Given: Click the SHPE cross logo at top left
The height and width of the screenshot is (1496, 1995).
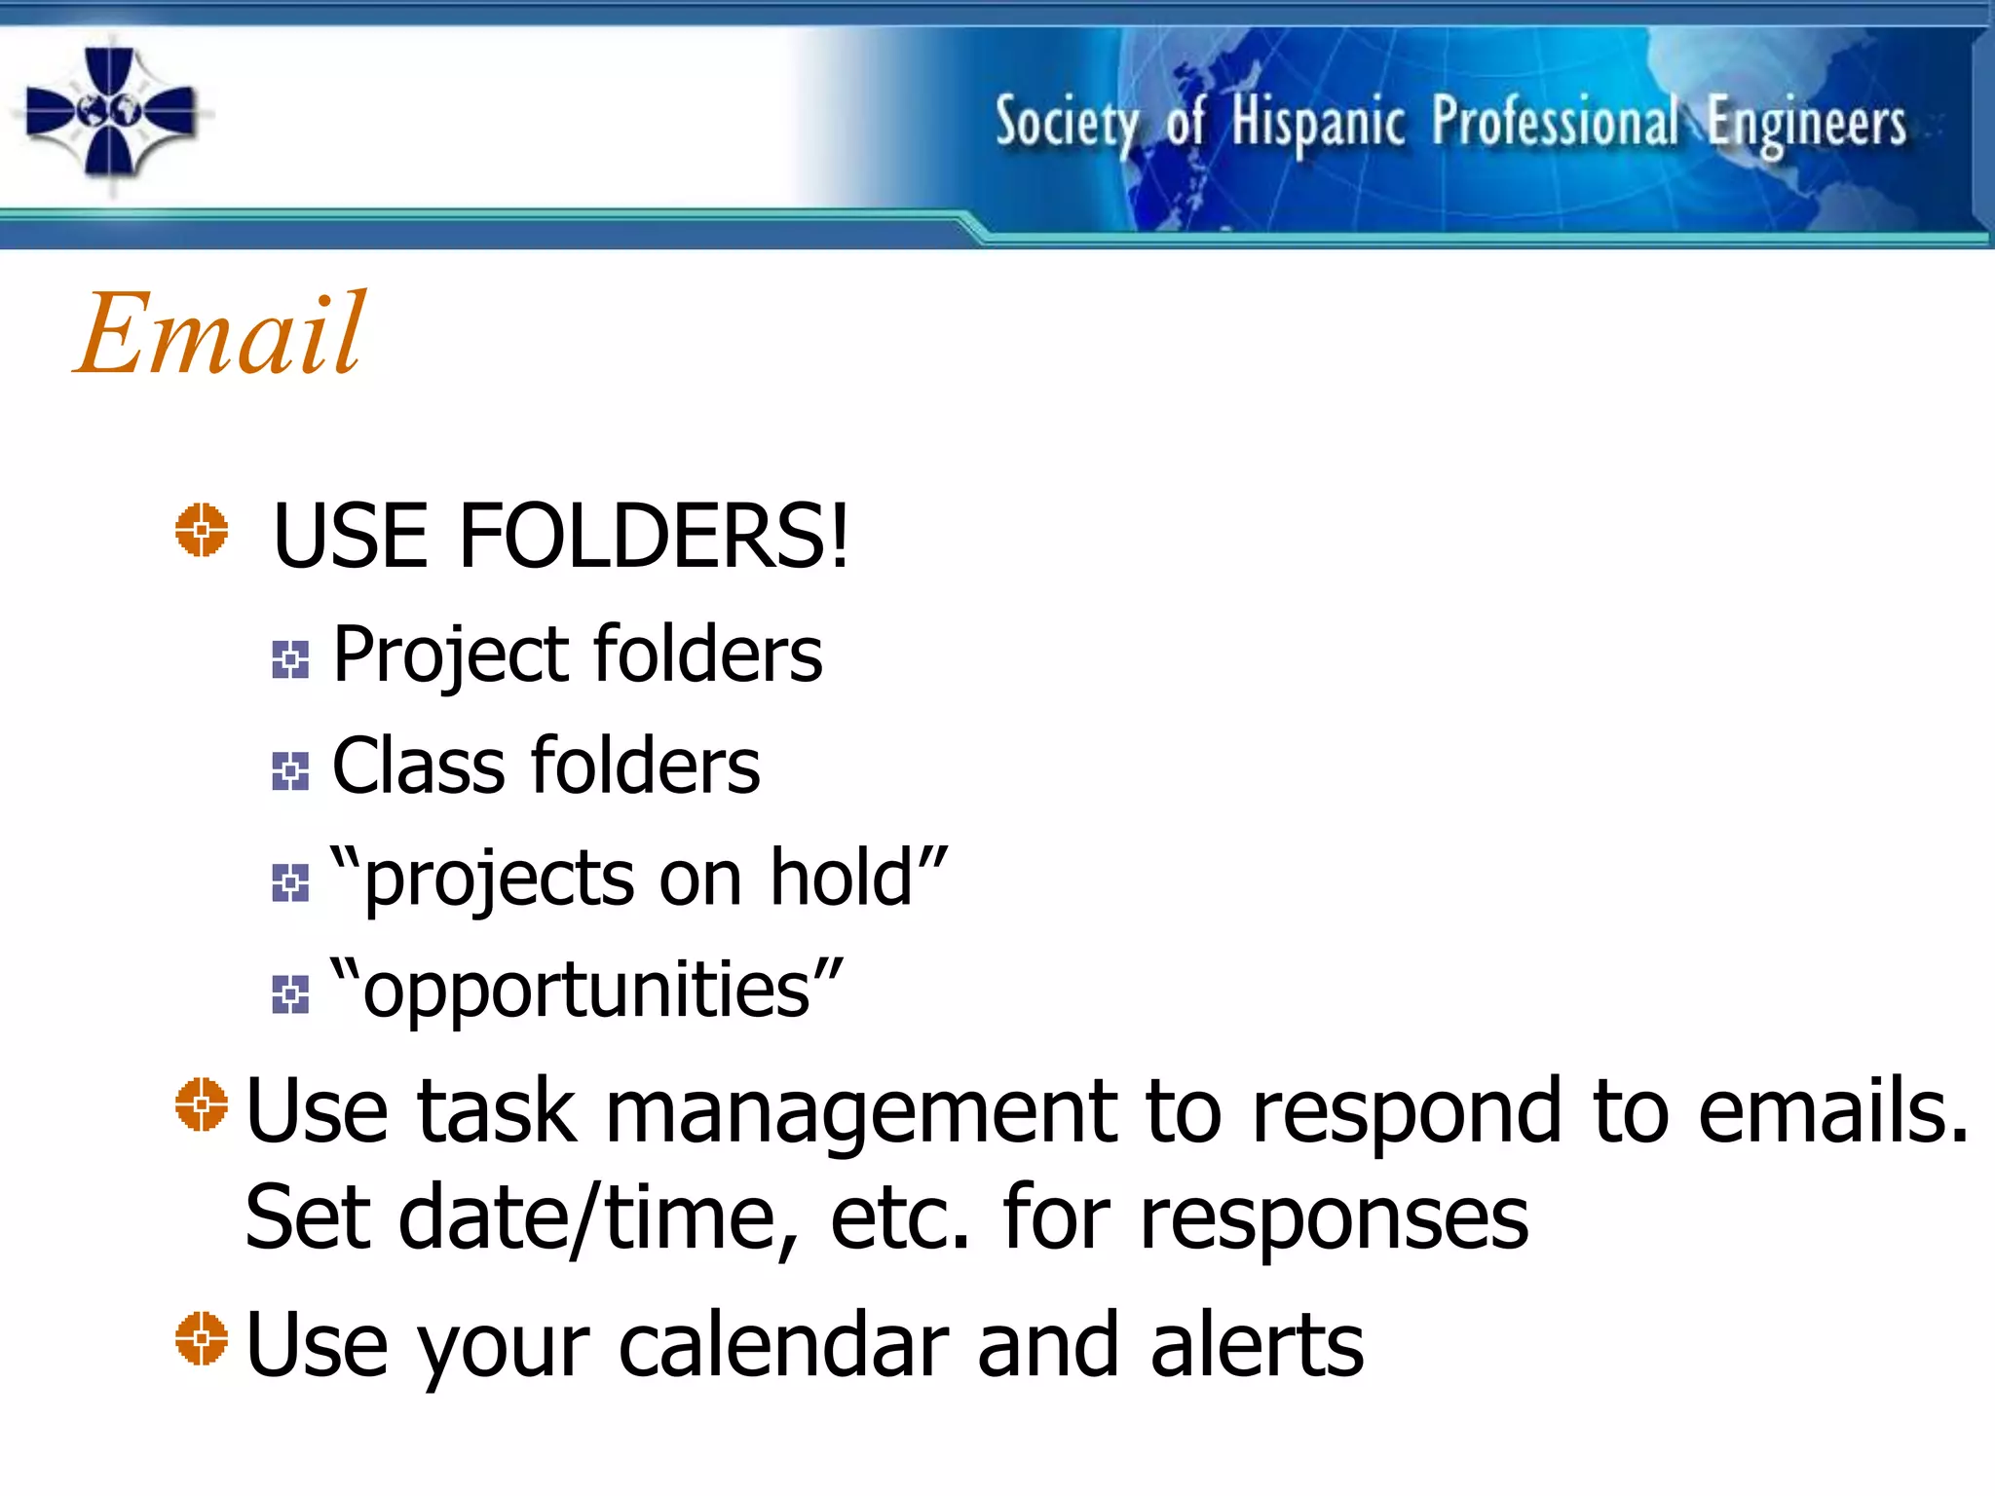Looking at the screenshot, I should tap(110, 113).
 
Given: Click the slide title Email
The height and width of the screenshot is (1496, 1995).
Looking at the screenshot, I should tap(222, 334).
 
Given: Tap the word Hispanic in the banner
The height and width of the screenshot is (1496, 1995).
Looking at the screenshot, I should tap(1318, 124).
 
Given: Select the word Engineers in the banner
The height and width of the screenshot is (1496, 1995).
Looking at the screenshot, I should tap(1806, 125).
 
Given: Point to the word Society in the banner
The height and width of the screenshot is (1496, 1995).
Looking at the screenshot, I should tap(1066, 124).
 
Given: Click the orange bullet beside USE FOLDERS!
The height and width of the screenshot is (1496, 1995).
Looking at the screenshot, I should tap(202, 531).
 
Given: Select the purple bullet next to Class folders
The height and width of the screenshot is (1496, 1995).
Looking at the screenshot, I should tap(290, 771).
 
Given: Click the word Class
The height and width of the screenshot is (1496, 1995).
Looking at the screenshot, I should tap(417, 767).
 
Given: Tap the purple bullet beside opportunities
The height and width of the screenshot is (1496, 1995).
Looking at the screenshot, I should tap(290, 994).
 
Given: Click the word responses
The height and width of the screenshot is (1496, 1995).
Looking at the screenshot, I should tap(1334, 1220).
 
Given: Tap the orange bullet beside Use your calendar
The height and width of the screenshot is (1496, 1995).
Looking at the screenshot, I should tap(202, 1339).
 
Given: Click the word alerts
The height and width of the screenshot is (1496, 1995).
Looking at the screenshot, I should tap(1256, 1345).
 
